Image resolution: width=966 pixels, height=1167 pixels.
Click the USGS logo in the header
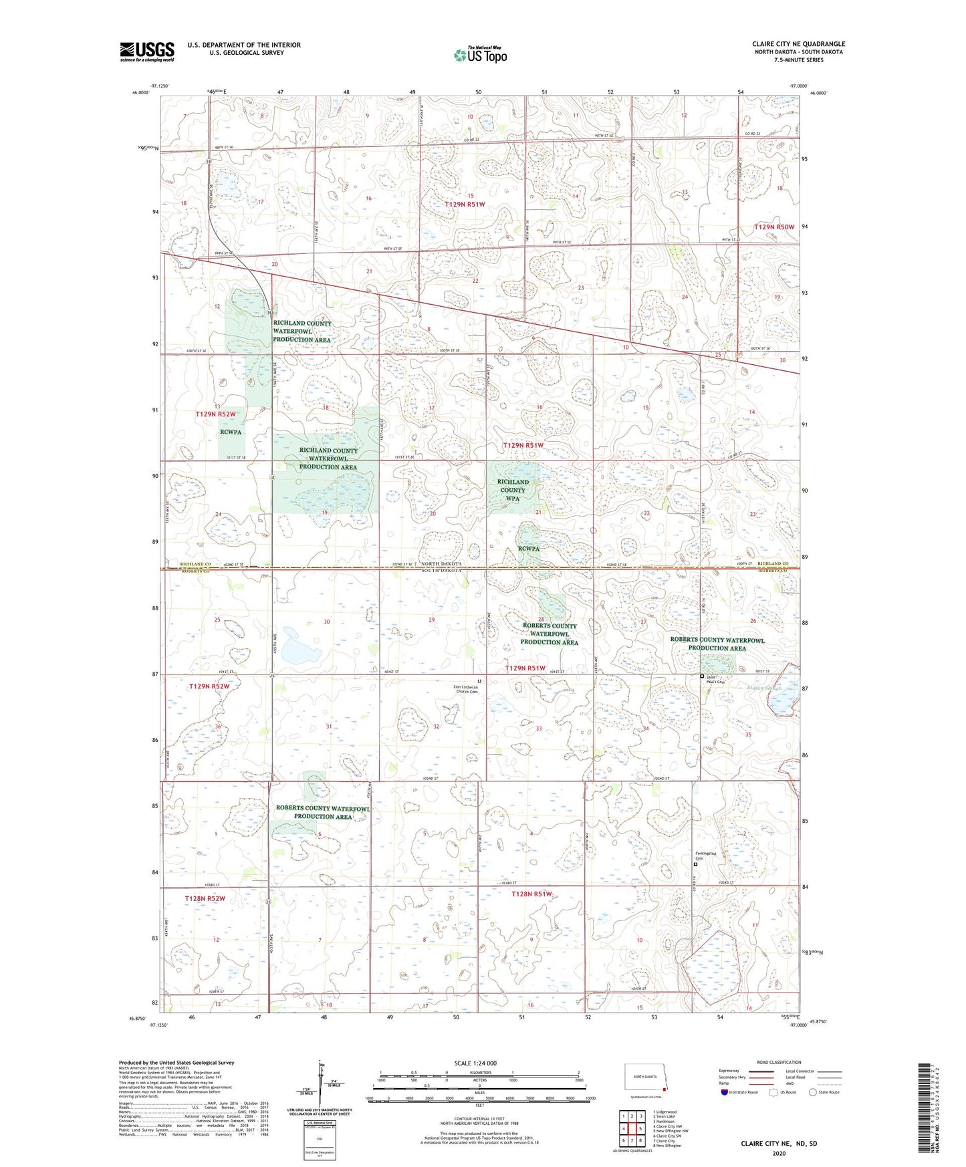(x=147, y=51)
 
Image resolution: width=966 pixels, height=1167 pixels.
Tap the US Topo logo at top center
(x=479, y=55)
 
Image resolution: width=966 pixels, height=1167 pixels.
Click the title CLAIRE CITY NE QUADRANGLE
(x=798, y=44)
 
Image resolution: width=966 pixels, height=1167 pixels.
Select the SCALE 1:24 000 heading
(x=475, y=1063)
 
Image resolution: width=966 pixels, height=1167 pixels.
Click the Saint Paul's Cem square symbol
(x=701, y=676)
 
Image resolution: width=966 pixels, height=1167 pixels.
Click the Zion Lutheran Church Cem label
(x=466, y=689)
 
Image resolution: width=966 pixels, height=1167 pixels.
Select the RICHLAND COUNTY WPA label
(x=513, y=490)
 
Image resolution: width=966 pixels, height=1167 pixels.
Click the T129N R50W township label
(x=774, y=227)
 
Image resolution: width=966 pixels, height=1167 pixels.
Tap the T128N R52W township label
(x=205, y=899)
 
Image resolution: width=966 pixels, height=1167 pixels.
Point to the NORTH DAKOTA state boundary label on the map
(x=442, y=564)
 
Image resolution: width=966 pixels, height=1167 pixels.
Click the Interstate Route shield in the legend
(x=725, y=1092)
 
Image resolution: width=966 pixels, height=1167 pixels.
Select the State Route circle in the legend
(x=813, y=1092)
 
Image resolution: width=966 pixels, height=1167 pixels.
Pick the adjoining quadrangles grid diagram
(x=631, y=1127)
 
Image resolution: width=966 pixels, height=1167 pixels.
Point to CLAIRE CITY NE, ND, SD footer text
(x=778, y=1144)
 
